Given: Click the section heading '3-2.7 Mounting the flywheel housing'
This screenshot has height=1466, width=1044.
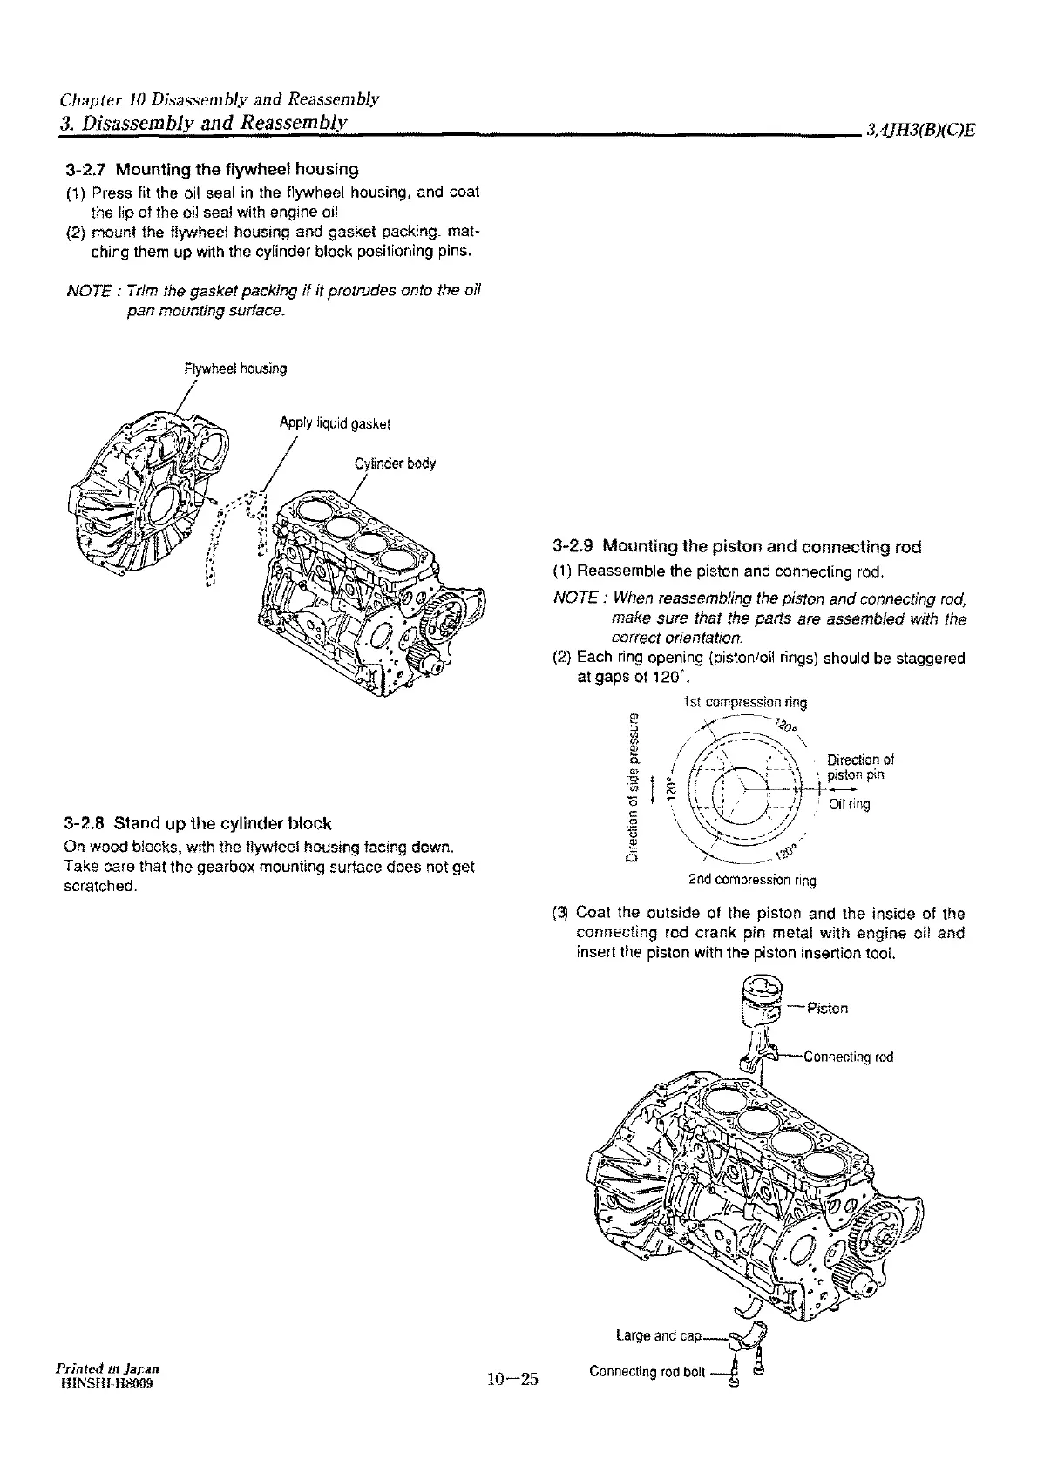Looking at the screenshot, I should (212, 168).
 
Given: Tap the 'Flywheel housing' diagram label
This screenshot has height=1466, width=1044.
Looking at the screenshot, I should (235, 368).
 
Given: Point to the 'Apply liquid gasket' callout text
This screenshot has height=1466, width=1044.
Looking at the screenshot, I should (335, 424).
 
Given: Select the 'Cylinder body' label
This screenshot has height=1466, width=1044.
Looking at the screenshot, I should (395, 463).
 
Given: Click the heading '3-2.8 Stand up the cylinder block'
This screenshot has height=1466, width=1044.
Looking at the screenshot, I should (198, 823).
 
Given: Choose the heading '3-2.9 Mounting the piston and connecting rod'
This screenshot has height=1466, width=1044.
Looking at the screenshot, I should (737, 548).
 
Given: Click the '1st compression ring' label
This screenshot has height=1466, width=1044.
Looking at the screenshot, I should (744, 702).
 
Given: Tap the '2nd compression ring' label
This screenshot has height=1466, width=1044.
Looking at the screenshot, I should (752, 880).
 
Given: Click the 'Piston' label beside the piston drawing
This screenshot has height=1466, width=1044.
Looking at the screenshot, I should (827, 1009).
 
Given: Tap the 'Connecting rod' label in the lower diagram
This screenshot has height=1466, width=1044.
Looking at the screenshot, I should (848, 1057).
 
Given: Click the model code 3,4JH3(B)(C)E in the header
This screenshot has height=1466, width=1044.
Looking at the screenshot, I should (919, 132).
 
